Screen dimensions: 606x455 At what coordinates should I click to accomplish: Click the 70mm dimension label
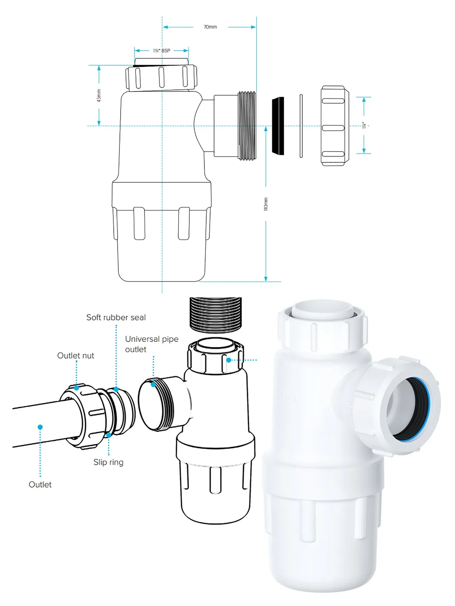pos(210,27)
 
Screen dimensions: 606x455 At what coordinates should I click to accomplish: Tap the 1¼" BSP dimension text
pos(162,51)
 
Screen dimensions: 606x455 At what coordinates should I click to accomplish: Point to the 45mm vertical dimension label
pos(99,95)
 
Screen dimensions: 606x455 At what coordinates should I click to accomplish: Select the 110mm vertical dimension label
pos(266,204)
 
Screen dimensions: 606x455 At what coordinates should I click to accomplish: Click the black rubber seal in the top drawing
pos(278,126)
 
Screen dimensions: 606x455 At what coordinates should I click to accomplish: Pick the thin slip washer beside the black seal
pos(301,126)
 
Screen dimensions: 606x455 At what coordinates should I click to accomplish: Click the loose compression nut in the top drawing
pos(335,126)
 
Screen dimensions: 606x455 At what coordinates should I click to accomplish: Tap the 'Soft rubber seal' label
pos(116,318)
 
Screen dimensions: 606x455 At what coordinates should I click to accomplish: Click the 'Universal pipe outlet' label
pos(152,344)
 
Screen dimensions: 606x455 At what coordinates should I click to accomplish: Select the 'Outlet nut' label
pos(76,356)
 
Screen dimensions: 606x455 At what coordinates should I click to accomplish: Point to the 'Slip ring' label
pos(109,462)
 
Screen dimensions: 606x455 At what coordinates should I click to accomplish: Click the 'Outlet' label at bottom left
pos(40,485)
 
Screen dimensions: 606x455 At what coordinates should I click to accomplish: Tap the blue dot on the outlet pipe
pos(40,427)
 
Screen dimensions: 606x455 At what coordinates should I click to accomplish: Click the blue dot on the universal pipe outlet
pos(153,384)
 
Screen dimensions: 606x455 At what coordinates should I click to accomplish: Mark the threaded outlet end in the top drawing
pos(247,126)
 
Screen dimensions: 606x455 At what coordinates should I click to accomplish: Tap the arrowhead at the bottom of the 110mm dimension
pos(266,278)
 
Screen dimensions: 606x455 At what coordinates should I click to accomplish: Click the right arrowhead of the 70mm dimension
pos(254,27)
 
